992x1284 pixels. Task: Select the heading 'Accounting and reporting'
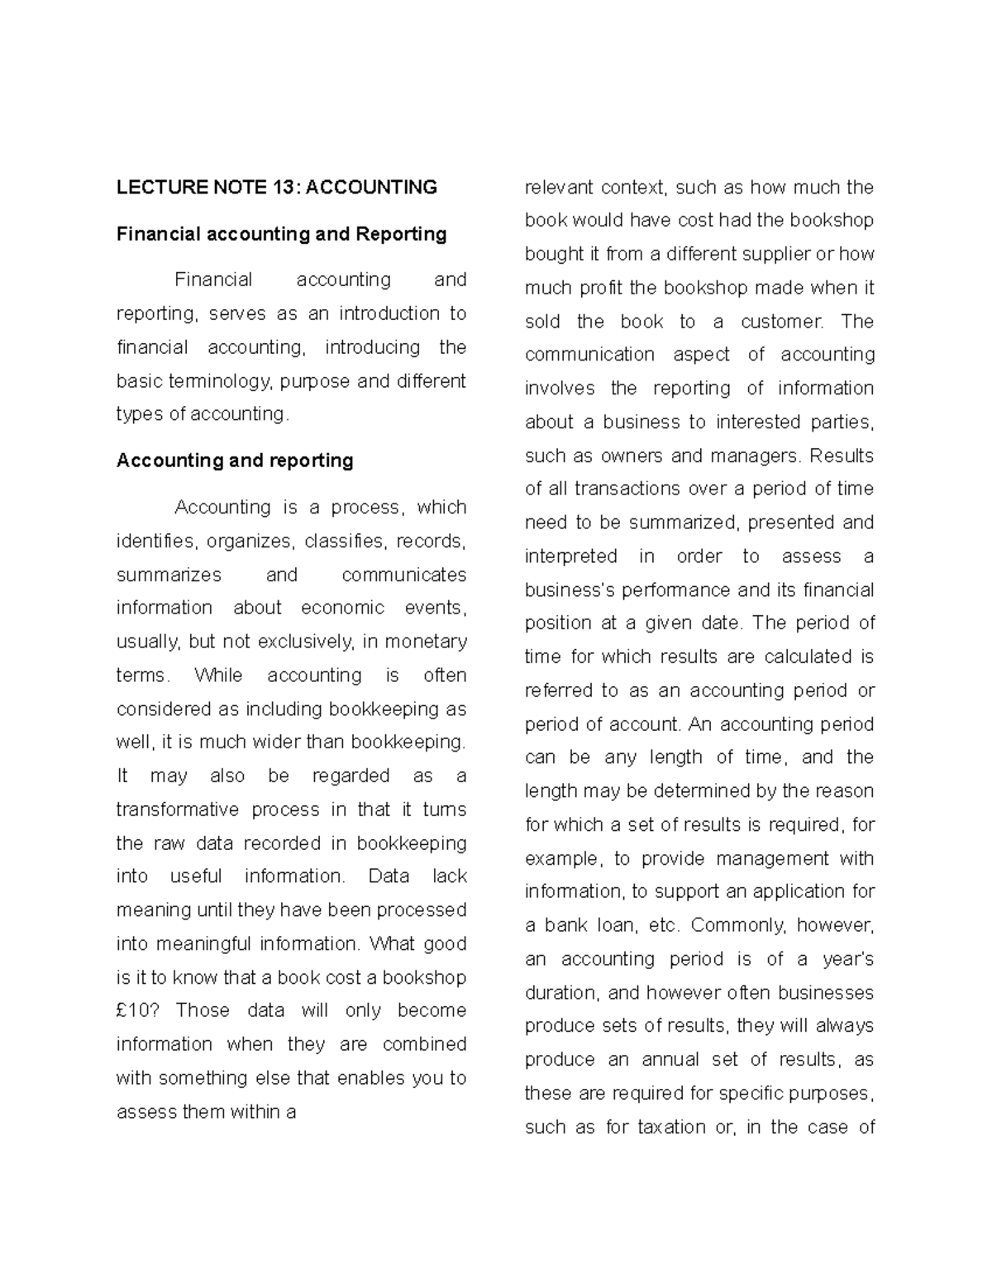(235, 461)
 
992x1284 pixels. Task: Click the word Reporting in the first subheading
(401, 234)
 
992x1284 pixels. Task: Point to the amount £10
(135, 1010)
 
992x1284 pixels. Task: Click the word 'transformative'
(178, 809)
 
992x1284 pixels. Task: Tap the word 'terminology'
(219, 381)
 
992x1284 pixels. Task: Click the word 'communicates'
(404, 575)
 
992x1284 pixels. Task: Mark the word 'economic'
(342, 608)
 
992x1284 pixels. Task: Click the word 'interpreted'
(570, 556)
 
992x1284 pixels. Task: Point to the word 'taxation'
(671, 1127)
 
